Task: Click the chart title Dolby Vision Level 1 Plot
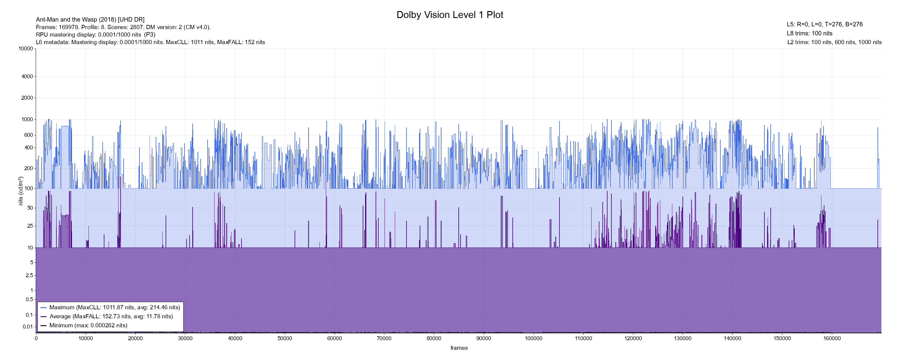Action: coord(450,15)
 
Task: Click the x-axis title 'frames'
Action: coord(459,348)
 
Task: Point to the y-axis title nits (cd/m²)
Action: coord(21,191)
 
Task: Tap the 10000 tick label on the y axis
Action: coord(26,49)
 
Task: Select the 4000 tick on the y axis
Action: coord(27,76)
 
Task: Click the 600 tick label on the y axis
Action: coord(28,135)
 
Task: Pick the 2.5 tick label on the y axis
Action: coord(29,275)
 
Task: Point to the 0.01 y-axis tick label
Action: coord(28,327)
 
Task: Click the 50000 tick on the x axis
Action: coord(285,338)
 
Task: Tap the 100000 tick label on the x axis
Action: coord(533,338)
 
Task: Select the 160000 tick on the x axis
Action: coord(832,338)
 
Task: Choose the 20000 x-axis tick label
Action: coord(136,338)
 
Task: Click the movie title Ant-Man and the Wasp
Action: coord(90,19)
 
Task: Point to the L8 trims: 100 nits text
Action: coord(809,34)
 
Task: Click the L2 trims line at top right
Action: coord(834,42)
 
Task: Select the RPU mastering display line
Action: coord(95,34)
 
